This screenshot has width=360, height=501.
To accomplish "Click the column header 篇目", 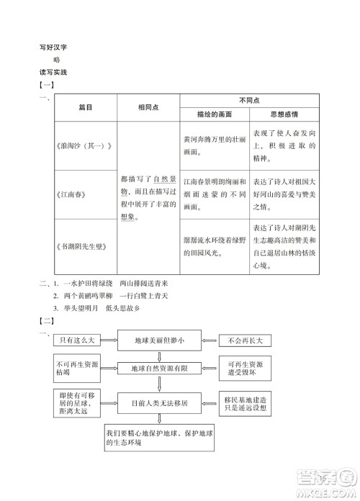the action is click(x=86, y=107).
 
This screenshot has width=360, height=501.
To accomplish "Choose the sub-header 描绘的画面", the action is click(x=212, y=114).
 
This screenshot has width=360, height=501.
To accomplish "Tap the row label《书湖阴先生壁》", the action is click(x=81, y=245).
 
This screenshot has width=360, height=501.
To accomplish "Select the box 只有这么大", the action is click(x=78, y=338).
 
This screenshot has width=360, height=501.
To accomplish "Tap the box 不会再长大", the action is click(x=245, y=338).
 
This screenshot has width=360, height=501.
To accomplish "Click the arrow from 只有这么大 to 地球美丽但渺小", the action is click(x=109, y=338).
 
